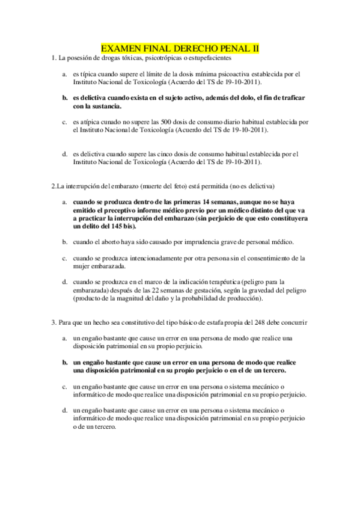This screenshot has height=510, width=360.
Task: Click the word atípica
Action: click(88, 121)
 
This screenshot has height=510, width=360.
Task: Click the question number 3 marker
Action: click(53, 322)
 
